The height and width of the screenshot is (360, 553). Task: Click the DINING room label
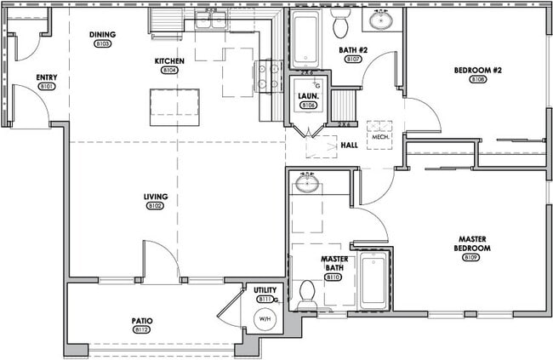(102, 35)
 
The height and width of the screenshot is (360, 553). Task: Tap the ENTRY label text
(47, 77)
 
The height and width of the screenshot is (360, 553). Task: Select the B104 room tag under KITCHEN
(168, 71)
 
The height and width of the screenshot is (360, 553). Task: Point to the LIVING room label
(155, 197)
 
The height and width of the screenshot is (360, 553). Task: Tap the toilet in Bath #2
(341, 18)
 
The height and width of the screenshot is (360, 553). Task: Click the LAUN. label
(308, 96)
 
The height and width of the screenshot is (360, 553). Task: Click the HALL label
(349, 146)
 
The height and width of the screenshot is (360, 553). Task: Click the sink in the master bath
(305, 183)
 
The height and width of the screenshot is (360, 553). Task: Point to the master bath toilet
(307, 294)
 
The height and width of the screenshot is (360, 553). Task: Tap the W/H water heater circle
(264, 319)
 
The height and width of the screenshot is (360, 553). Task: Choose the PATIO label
(141, 321)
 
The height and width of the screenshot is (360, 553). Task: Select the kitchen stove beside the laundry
(270, 76)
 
